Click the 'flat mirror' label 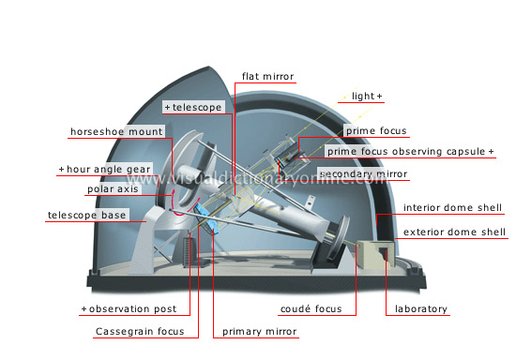267,75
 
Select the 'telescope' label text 196,108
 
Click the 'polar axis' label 114,188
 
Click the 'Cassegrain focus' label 146,331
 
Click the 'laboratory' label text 420,308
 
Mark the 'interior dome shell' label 454,207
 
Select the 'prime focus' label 372,130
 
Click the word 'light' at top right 362,97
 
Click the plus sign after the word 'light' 380,97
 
